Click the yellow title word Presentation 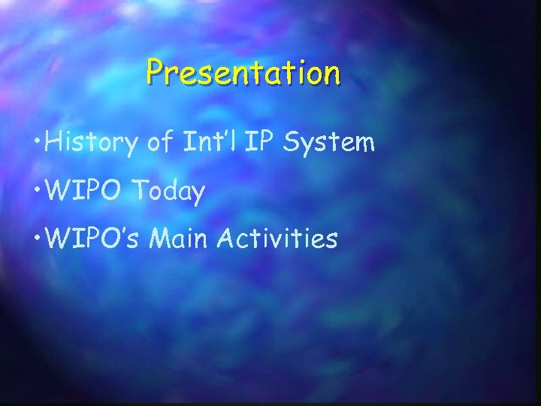click(x=243, y=73)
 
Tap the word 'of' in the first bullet click(x=159, y=142)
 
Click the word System click(x=329, y=143)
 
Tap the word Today click(x=168, y=192)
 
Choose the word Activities click(x=279, y=239)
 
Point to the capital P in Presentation click(x=155, y=72)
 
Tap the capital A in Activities click(x=228, y=239)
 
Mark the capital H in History click(x=53, y=141)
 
